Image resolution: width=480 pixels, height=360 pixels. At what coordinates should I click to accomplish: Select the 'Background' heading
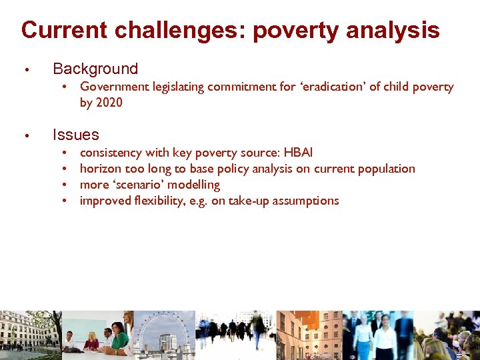pyautogui.click(x=95, y=69)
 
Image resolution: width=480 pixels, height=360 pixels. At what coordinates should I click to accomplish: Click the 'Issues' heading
pyautogui.click(x=76, y=135)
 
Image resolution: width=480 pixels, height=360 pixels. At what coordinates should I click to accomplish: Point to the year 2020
pyautogui.click(x=109, y=103)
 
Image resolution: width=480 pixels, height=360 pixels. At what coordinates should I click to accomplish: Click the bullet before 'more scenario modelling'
pyautogui.click(x=65, y=185)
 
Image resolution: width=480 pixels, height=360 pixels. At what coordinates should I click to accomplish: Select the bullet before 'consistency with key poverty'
pyautogui.click(x=65, y=153)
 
